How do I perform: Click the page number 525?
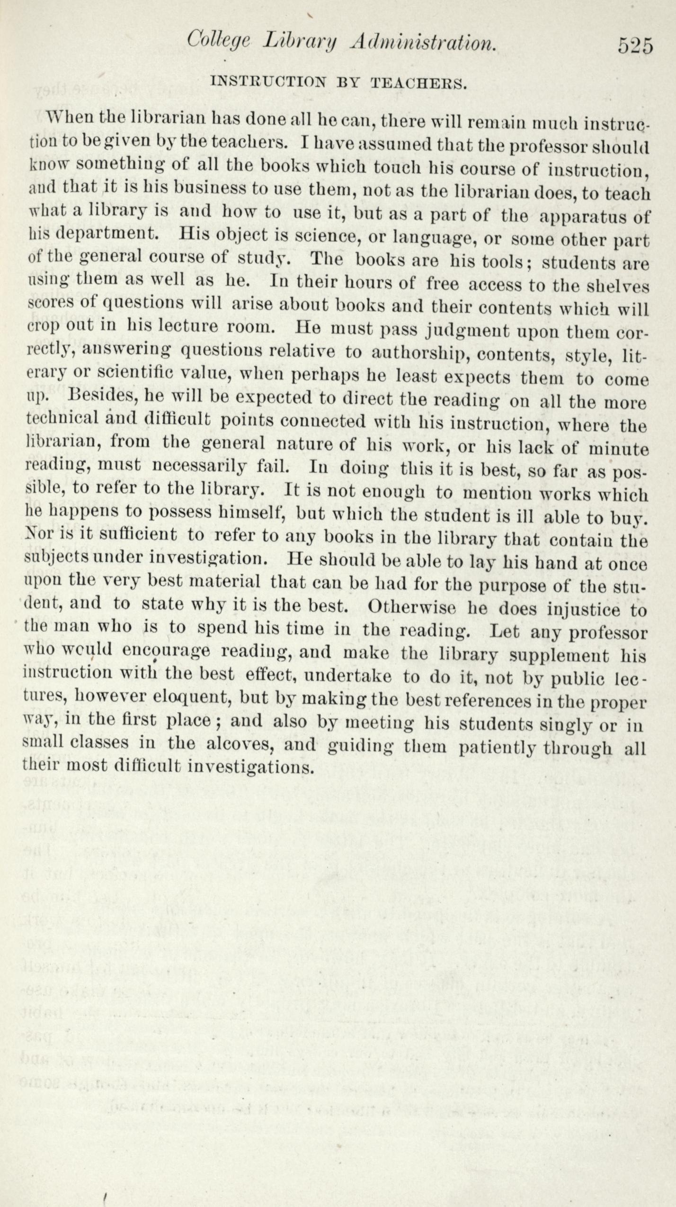pyautogui.click(x=635, y=46)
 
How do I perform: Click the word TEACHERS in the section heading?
pyautogui.click(x=418, y=83)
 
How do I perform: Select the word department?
pyautogui.click(x=107, y=234)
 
